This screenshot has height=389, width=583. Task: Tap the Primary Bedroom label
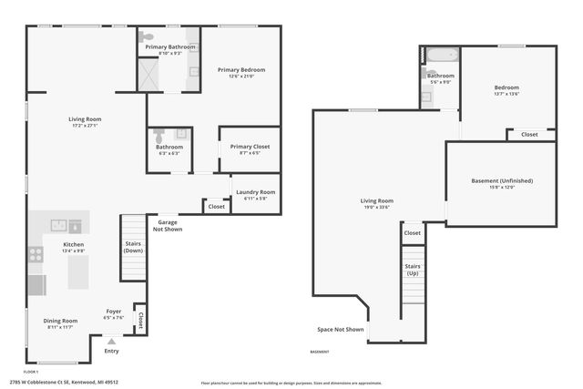(x=241, y=69)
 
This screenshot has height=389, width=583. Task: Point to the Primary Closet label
(x=249, y=147)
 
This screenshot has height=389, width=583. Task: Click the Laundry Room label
(x=255, y=191)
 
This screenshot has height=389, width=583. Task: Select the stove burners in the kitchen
(x=36, y=255)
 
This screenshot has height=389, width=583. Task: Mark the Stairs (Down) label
(x=133, y=246)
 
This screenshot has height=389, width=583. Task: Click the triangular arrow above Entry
(x=111, y=341)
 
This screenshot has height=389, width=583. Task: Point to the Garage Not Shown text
(x=169, y=225)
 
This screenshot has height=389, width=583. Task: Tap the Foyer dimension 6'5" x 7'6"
(x=113, y=317)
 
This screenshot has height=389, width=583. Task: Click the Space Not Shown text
(x=340, y=329)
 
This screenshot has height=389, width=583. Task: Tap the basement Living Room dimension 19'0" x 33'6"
(x=375, y=207)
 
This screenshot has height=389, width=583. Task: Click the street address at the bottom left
(x=71, y=382)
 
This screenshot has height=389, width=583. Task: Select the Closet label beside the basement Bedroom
(x=528, y=135)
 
